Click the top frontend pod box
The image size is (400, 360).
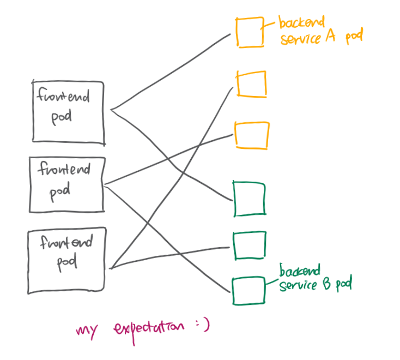[68, 112]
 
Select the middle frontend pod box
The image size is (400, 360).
[66, 184]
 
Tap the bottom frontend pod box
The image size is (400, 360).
[66, 260]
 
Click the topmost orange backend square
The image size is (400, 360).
[250, 33]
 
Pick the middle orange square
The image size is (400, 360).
[251, 84]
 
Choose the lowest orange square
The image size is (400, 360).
[251, 135]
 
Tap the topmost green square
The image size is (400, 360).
[249, 199]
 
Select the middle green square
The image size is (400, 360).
[250, 245]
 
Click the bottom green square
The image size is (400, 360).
[248, 290]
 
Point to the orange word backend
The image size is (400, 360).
[301, 23]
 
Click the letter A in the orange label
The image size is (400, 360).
[333, 38]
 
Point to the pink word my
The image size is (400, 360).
[87, 330]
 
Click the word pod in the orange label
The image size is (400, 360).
[354, 38]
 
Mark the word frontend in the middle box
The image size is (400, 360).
[64, 170]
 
